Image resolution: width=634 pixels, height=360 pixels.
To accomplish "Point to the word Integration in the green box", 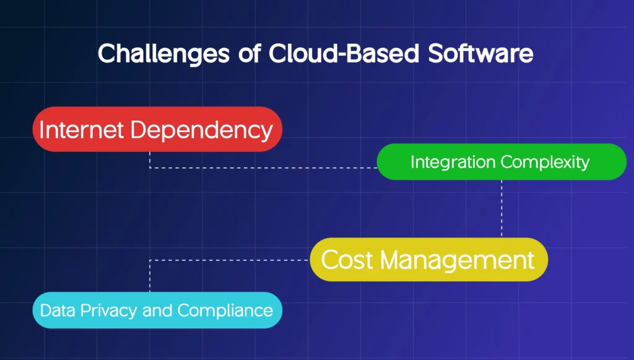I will (x=452, y=162).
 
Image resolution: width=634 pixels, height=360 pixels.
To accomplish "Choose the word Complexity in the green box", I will (x=545, y=162).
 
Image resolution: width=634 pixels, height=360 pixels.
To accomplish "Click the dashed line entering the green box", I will (x=310, y=168).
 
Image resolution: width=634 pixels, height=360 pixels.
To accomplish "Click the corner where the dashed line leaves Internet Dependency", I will (x=150, y=168).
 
